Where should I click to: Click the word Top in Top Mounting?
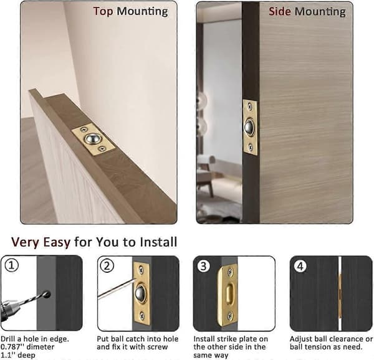(103, 12)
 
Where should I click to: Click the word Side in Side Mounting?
(280, 11)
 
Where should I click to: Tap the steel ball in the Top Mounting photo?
(92, 138)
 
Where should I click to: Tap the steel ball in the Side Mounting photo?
(249, 127)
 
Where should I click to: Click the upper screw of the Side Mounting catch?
(250, 107)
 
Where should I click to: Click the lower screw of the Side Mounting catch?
(251, 147)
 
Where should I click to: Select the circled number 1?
(12, 265)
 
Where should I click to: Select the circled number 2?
(107, 265)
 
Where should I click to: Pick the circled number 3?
(204, 266)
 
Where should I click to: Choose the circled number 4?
(300, 266)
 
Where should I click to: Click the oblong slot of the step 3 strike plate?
(229, 295)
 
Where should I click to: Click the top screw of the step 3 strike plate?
(231, 272)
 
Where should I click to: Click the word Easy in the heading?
(57, 242)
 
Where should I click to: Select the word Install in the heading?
(158, 242)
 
